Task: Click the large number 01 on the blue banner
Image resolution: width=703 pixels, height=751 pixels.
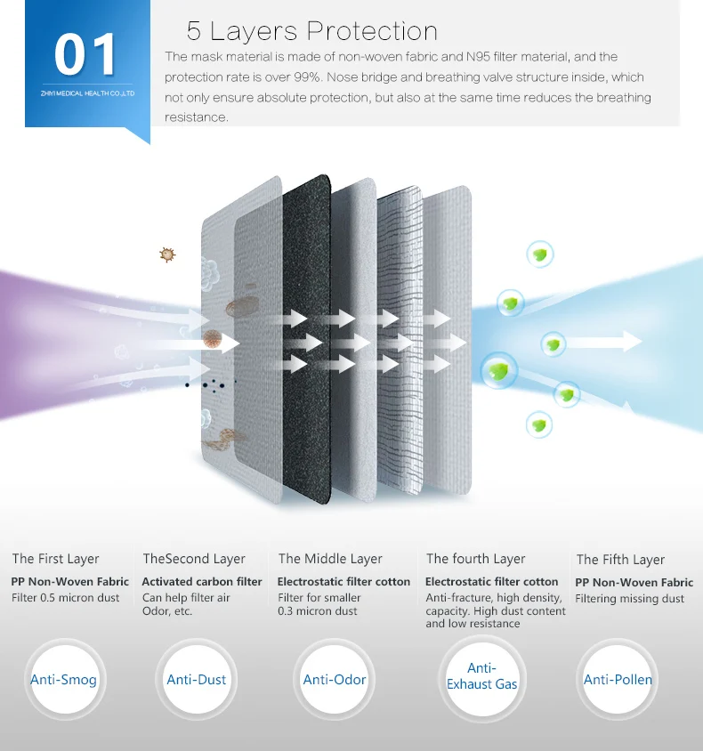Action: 85,55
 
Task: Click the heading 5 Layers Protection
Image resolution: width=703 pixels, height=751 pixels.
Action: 311,31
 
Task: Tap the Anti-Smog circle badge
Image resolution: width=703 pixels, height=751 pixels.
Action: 63,680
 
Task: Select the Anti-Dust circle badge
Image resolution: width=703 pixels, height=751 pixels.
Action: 197,680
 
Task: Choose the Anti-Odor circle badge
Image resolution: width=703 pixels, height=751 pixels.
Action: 335,680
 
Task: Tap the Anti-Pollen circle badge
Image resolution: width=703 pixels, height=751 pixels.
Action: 618,680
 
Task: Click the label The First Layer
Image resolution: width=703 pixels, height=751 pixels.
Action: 55,559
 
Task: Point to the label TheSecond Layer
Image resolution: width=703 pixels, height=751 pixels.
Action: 193,559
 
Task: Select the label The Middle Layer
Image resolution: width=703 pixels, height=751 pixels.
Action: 330,559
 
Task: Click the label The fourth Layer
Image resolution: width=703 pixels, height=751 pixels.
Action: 475,559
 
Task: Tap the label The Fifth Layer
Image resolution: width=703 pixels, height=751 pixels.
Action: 620,560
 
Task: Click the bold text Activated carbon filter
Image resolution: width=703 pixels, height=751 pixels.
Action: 202,582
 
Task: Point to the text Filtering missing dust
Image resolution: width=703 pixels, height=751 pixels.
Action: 629,599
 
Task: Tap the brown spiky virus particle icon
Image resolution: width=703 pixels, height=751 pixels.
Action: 166,254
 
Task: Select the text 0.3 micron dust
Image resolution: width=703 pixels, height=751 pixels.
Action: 317,611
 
